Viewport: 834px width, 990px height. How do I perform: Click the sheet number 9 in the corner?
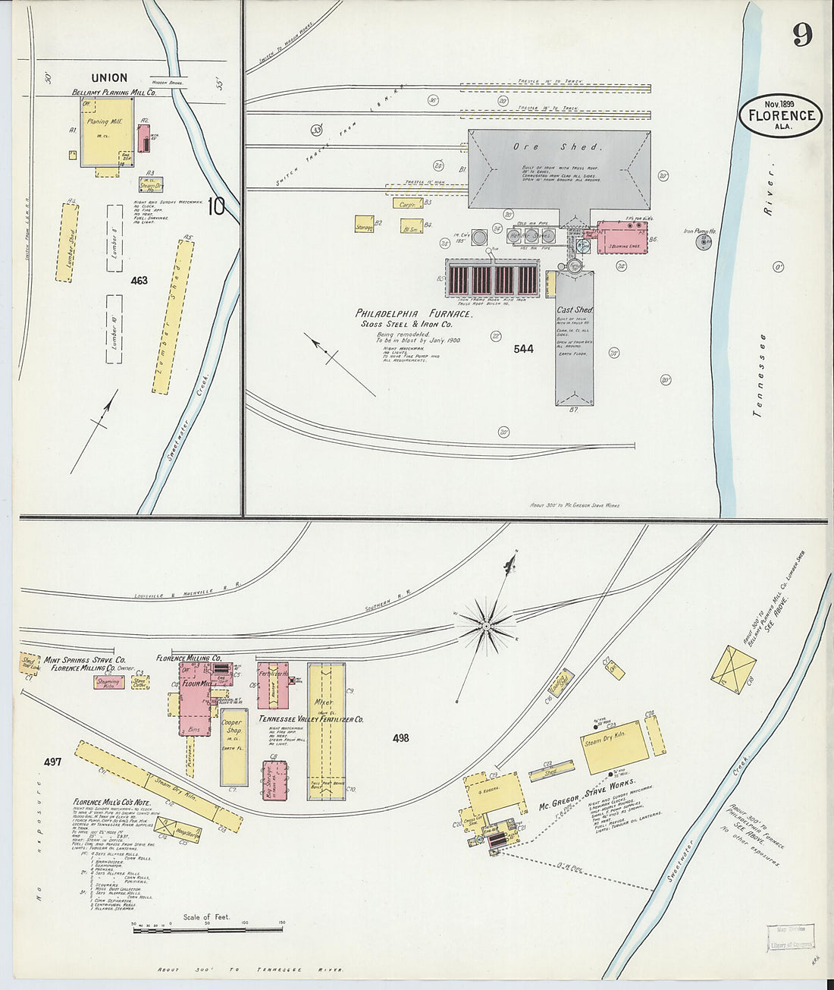tap(802, 34)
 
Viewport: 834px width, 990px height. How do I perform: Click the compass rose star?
tap(486, 625)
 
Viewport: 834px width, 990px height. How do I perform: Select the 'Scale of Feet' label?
tap(206, 917)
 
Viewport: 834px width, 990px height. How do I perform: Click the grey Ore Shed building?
tap(559, 168)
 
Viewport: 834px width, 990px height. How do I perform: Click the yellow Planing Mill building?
tap(106, 133)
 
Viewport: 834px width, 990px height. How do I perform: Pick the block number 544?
tap(523, 349)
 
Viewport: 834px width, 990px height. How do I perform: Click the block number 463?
tap(139, 280)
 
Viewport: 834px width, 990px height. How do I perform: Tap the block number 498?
tap(401, 737)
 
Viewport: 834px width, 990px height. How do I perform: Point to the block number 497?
tap(52, 761)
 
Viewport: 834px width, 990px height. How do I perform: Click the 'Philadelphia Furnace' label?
tap(414, 313)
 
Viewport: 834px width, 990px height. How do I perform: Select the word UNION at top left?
tap(109, 77)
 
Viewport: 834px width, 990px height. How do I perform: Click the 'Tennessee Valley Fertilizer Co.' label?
tap(311, 718)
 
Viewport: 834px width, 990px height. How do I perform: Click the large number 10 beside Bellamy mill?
tap(216, 206)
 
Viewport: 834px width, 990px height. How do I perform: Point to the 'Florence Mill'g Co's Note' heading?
tap(111, 802)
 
